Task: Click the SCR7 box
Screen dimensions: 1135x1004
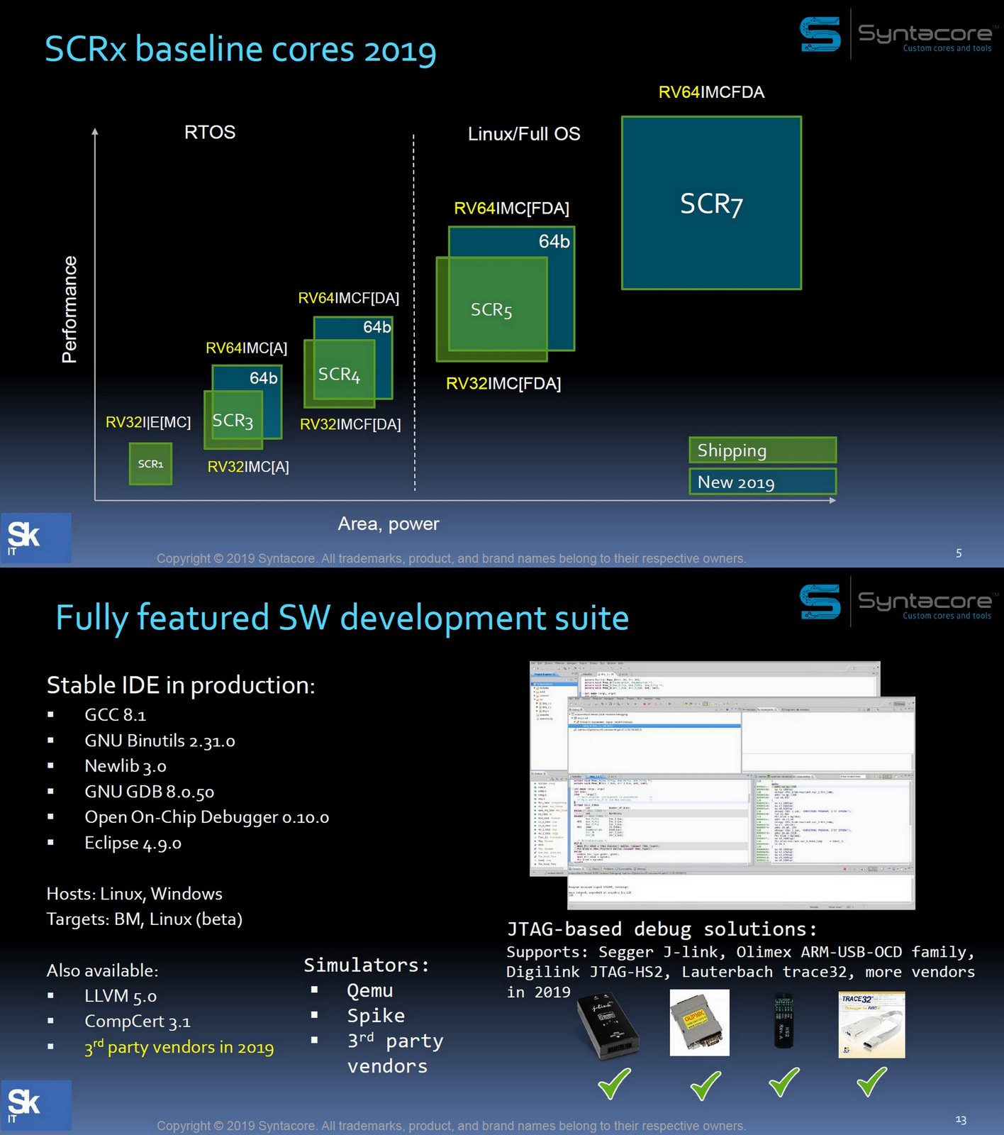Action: [711, 204]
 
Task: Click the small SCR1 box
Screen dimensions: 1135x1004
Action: [150, 464]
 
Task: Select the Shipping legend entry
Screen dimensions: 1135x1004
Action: [762, 450]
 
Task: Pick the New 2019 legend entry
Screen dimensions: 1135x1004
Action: [762, 482]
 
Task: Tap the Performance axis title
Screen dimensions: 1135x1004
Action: [69, 309]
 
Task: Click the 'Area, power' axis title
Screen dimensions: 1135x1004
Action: [389, 524]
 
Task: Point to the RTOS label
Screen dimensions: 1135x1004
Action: [210, 133]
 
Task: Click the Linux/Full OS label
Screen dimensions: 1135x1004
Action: [524, 134]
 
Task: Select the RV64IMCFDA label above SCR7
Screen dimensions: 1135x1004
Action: [711, 92]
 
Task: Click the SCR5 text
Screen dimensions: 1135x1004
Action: [491, 310]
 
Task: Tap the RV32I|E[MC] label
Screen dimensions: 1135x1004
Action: [148, 423]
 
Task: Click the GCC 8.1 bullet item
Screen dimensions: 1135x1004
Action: [115, 715]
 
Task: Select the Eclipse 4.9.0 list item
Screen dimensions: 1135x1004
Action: [133, 843]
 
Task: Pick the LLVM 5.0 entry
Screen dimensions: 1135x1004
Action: [121, 997]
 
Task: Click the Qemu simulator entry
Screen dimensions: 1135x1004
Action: [369, 991]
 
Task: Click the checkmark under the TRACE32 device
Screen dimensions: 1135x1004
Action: [871, 1083]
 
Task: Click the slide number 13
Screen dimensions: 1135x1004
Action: [961, 1119]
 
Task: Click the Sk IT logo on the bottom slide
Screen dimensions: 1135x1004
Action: [35, 1104]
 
